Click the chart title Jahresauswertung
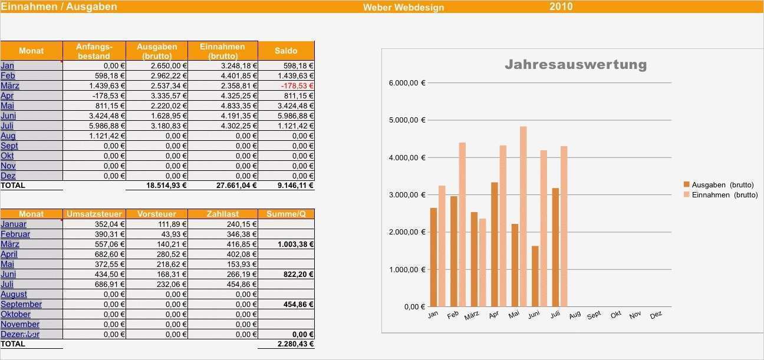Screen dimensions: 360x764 (x=575, y=64)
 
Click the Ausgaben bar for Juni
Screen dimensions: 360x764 (x=535, y=276)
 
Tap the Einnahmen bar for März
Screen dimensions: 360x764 (x=483, y=262)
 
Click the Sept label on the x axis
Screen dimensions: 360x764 (x=594, y=315)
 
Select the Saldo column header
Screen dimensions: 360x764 (x=286, y=51)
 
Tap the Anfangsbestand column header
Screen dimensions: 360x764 (x=94, y=51)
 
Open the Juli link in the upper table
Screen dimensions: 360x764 (x=7, y=125)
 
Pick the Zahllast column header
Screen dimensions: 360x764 (x=222, y=214)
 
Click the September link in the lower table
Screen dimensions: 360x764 (x=21, y=304)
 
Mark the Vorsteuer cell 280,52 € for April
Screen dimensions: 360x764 (x=170, y=254)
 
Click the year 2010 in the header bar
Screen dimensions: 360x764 (x=561, y=6)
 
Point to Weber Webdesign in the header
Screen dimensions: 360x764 (x=403, y=7)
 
